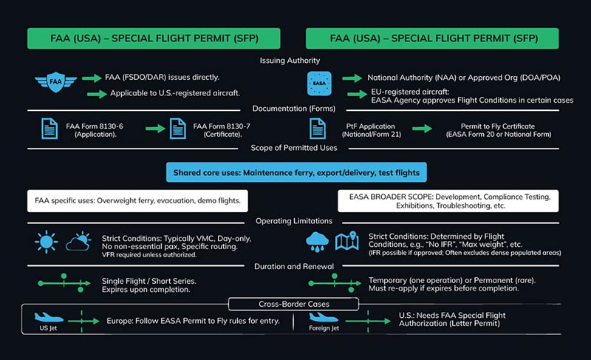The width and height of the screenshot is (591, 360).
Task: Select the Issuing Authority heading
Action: pos(295,61)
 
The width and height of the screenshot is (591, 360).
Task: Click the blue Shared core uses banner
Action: pos(295,173)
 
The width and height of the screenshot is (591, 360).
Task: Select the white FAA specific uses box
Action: pos(141,200)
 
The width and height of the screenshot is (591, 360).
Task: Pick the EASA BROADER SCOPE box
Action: pos(448,200)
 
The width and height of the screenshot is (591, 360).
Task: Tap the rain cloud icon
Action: pos(318,242)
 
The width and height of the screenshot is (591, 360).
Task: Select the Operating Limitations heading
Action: pos(295,221)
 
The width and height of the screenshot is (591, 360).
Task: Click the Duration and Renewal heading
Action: pos(295,265)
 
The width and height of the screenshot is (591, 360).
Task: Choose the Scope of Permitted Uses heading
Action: pos(295,147)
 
